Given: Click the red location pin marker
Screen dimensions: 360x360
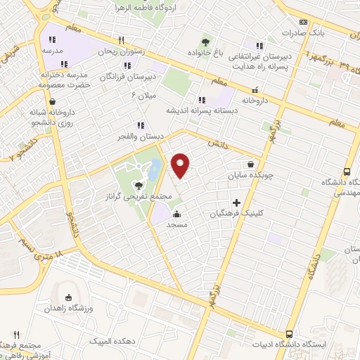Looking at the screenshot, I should click(x=181, y=165).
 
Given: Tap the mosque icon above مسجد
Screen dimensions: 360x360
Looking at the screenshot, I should click(x=176, y=214).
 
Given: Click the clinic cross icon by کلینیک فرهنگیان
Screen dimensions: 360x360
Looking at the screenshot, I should click(x=246, y=202).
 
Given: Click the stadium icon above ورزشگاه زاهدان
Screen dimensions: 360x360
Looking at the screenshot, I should click(x=68, y=298).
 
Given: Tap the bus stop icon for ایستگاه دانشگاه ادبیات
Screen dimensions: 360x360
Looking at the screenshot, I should click(x=289, y=334).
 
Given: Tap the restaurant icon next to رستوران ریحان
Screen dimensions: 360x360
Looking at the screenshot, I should click(x=121, y=40).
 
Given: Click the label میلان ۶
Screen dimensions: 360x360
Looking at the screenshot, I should click(x=146, y=94).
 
